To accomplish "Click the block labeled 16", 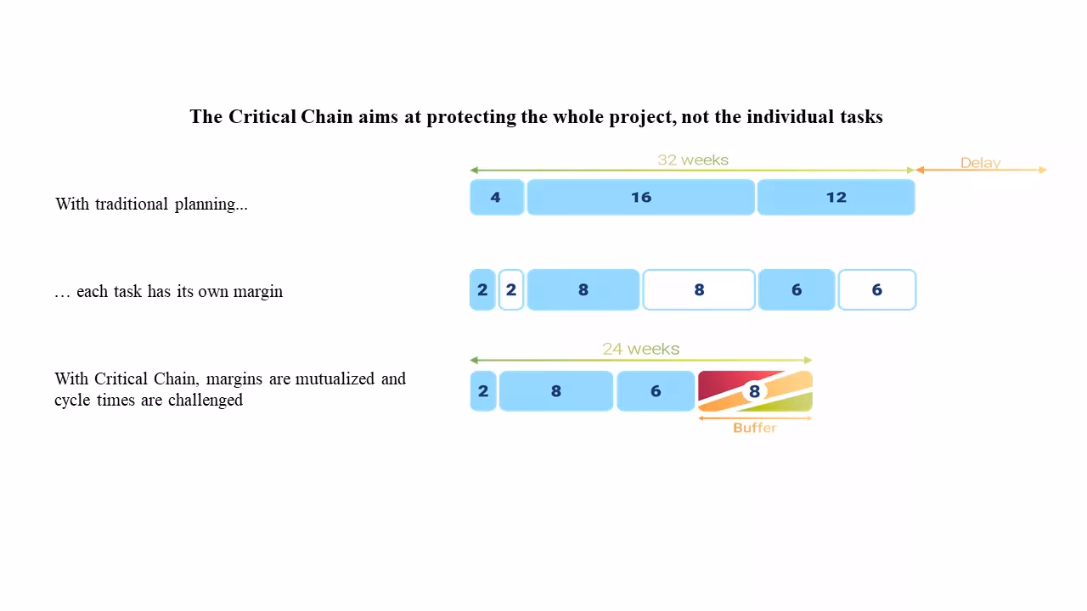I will [x=640, y=197].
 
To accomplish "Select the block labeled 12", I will [x=836, y=197].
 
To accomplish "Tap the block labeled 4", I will [x=496, y=197].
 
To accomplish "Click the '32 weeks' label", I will [x=693, y=160].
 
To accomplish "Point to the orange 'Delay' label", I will [x=980, y=162].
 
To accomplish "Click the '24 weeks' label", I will [x=640, y=349].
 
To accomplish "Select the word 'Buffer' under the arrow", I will [x=754, y=428].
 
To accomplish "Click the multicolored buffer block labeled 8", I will [x=754, y=391].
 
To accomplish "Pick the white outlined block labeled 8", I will [x=699, y=290].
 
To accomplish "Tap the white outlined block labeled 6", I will [x=876, y=290].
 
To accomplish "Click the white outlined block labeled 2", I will [x=510, y=290].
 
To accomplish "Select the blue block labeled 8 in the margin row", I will [x=583, y=290].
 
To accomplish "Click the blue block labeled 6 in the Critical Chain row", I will [x=655, y=391].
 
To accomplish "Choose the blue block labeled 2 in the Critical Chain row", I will [x=483, y=391].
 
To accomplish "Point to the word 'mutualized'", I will [x=335, y=378].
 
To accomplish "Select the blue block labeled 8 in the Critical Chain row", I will [x=555, y=391].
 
